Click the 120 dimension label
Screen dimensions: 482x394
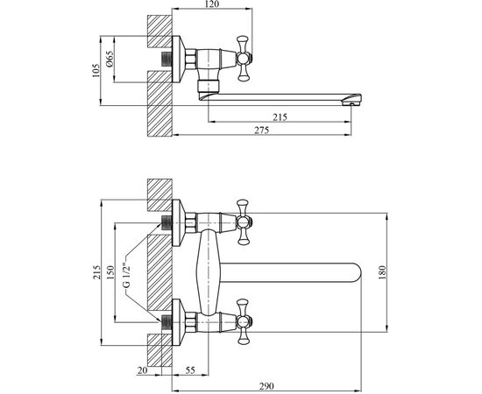pos(211,4)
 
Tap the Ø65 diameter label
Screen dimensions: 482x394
pos(110,59)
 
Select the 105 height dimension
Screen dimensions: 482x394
pos(96,71)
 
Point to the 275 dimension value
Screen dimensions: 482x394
pos(262,130)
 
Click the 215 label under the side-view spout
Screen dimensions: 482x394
pos(280,117)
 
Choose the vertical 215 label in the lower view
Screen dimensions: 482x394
pos(96,272)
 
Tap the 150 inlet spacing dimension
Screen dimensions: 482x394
pos(110,272)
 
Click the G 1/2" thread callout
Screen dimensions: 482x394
pos(127,275)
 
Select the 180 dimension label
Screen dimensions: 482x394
pos(382,272)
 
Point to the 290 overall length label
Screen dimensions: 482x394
pos(266,386)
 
